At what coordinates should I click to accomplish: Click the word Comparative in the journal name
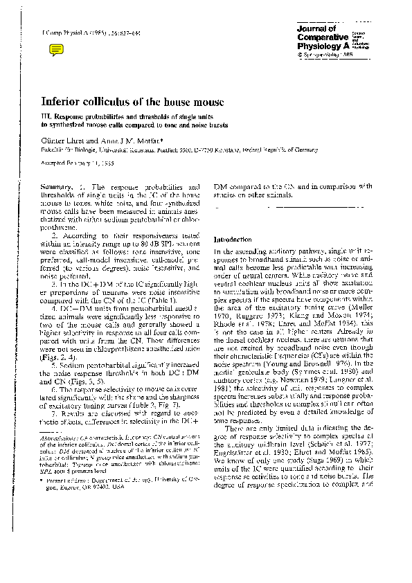pos(320,37)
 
